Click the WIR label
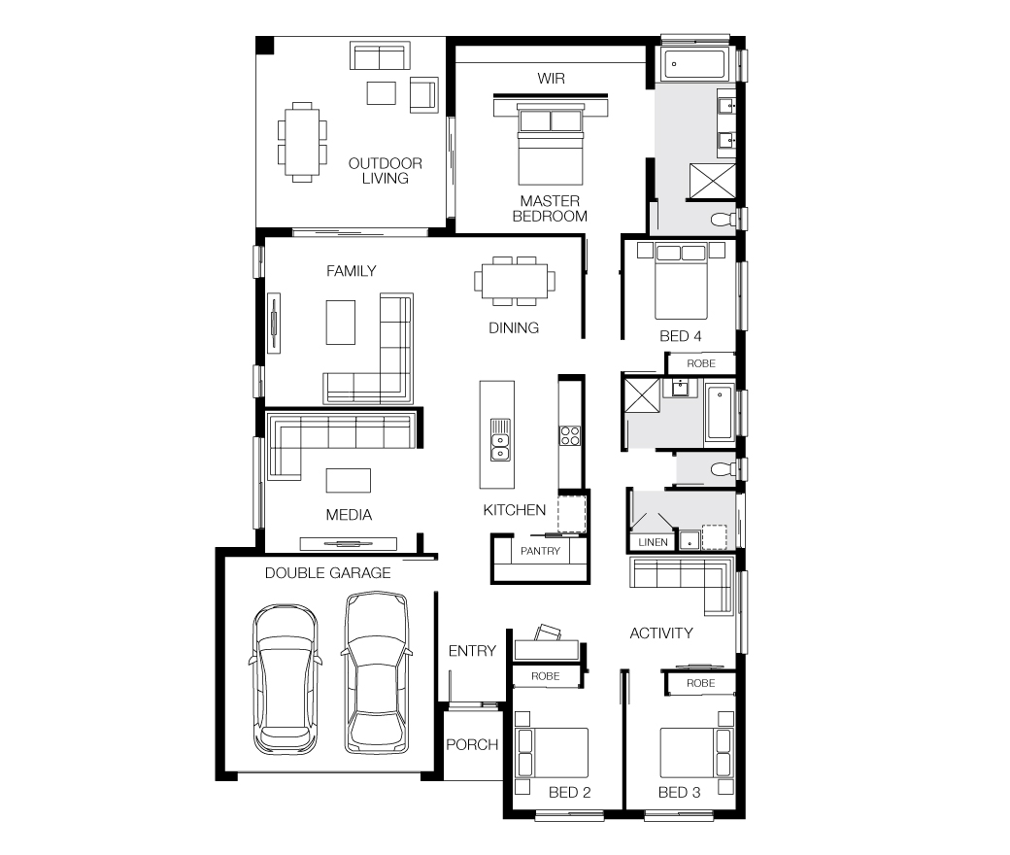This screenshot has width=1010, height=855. click(x=551, y=79)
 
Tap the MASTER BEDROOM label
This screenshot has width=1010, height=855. click(x=550, y=209)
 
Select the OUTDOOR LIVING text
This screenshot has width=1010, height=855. click(x=386, y=171)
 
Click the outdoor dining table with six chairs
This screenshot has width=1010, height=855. click(x=302, y=142)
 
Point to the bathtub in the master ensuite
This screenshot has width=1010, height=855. click(x=695, y=63)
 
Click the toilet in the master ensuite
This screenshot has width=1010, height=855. click(x=724, y=220)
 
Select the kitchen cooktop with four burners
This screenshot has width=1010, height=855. click(x=569, y=435)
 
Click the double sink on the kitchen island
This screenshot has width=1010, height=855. click(x=500, y=440)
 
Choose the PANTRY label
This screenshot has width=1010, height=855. click(x=540, y=551)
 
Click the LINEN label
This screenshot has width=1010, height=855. click(x=653, y=542)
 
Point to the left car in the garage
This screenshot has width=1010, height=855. click(x=286, y=678)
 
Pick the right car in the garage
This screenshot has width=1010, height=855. click(x=376, y=672)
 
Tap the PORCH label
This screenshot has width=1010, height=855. click(x=472, y=745)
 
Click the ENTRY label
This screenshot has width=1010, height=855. click(x=472, y=651)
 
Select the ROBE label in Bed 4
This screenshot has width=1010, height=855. click(x=701, y=363)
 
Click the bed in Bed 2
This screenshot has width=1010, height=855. click(x=552, y=753)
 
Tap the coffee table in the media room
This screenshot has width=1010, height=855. click(x=349, y=481)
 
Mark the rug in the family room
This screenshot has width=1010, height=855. click(x=341, y=323)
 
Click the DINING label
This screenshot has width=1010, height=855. click(x=514, y=328)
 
